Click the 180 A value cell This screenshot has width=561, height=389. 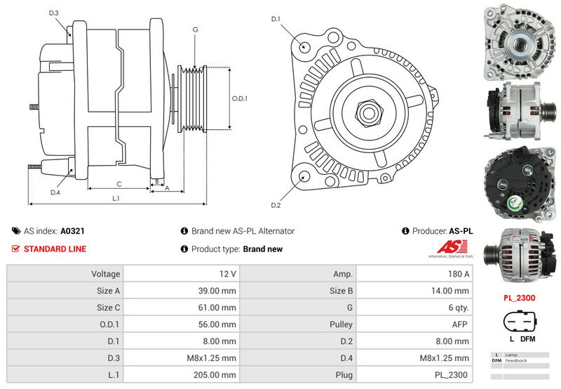pos(413,274)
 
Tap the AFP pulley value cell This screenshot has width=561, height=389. pos(413,324)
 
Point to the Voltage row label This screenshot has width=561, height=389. pos(106,274)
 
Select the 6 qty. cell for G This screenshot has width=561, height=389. pos(413,308)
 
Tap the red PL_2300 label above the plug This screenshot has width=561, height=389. pos(519,298)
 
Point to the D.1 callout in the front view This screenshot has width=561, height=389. pos(276,19)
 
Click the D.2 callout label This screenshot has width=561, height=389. pos(276,205)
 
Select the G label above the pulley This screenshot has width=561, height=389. pos(195,29)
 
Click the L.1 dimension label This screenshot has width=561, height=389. pos(116,199)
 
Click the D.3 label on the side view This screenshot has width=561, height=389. pos(54,13)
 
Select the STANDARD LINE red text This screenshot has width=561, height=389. pos(55,249)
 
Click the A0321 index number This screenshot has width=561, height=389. pos(72,230)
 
